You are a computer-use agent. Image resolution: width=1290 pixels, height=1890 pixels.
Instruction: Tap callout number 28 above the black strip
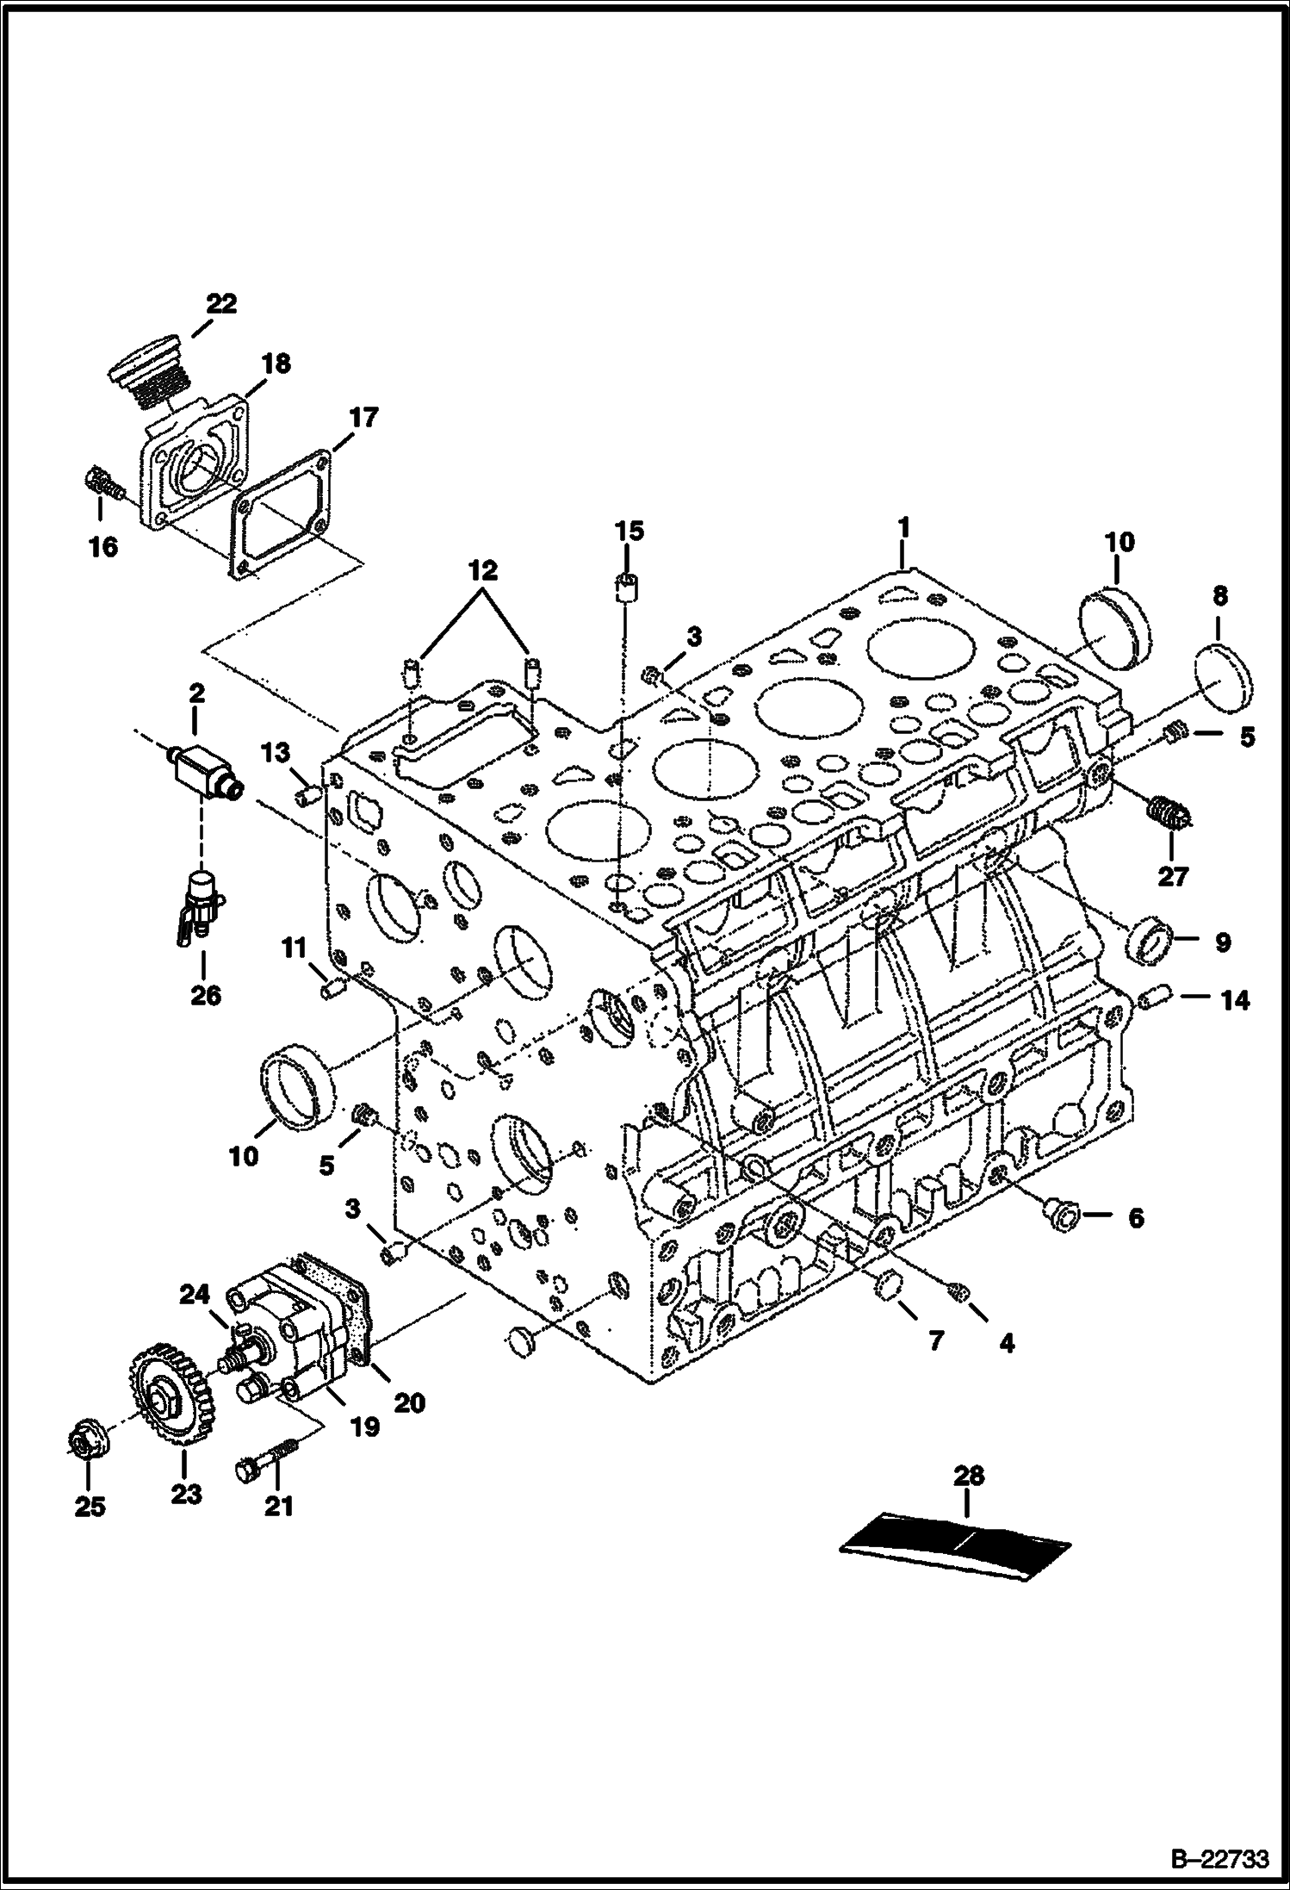969,1477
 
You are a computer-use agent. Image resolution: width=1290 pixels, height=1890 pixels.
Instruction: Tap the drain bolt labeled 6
1060,1215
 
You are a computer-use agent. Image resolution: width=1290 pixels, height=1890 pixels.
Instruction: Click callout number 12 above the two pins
482,571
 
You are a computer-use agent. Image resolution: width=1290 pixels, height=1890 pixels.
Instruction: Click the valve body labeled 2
205,762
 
